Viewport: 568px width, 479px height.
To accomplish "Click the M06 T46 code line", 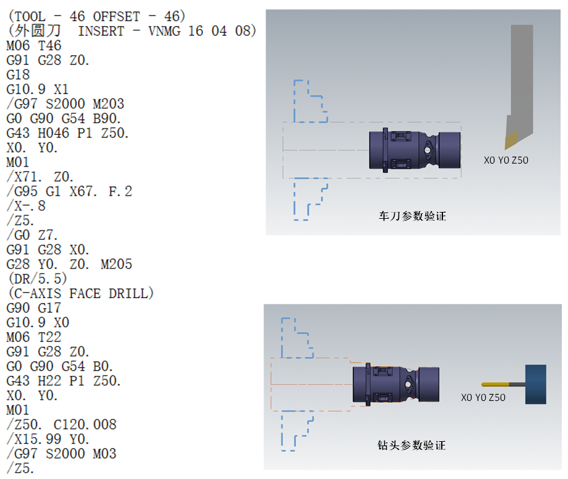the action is coord(33,46).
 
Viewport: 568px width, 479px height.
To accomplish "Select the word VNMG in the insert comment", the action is coord(164,31).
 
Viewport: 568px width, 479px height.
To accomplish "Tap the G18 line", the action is coord(18,75).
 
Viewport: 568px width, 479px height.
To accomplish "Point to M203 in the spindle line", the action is coord(108,104).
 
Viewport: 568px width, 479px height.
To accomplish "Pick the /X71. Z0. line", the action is coord(40,177).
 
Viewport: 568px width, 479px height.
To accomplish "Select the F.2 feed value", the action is coord(120,191).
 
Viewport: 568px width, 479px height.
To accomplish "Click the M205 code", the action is coord(116,264).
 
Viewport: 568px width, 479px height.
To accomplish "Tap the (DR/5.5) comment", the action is coord(38,279).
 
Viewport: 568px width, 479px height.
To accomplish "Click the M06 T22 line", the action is coord(33,337).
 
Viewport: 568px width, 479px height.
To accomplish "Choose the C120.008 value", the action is coord(85,424).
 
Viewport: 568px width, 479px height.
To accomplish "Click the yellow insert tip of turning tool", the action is coord(510,139).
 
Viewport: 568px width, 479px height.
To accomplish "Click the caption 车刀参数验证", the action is coord(412,216).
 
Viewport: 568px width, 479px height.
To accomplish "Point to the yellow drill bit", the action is coord(495,384).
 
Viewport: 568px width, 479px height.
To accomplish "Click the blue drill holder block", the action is coord(536,384).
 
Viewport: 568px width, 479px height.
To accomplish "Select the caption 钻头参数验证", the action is coord(411,446).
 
